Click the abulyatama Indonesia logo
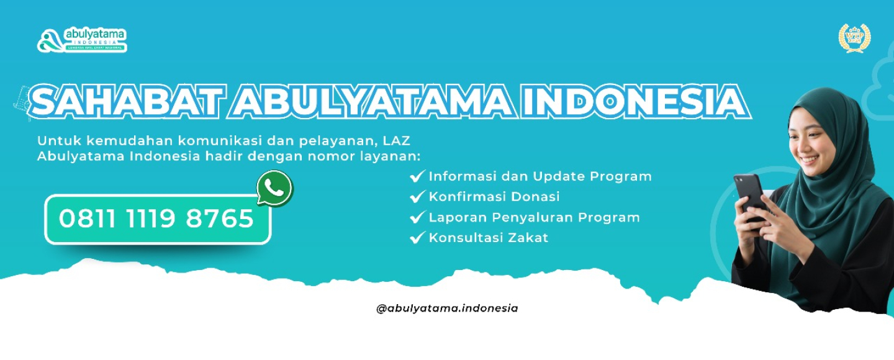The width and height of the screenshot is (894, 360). pos(81,40)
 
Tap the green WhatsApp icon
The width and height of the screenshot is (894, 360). pos(274,188)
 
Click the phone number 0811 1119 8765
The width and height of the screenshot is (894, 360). pos(156,219)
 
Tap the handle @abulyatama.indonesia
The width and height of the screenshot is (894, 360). pos(447,308)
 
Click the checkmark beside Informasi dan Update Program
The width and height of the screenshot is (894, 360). pos(417,176)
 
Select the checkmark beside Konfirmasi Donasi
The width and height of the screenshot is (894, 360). pos(417,197)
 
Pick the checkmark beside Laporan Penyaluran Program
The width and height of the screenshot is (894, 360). pos(417,217)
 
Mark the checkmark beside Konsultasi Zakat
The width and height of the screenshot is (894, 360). pos(417,238)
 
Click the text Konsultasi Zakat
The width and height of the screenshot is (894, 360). pos(489,238)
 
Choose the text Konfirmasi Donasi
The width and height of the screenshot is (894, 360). pos(494,197)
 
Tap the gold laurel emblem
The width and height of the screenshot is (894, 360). pos(854,38)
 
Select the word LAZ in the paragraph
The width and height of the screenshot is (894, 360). pos(415,140)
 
